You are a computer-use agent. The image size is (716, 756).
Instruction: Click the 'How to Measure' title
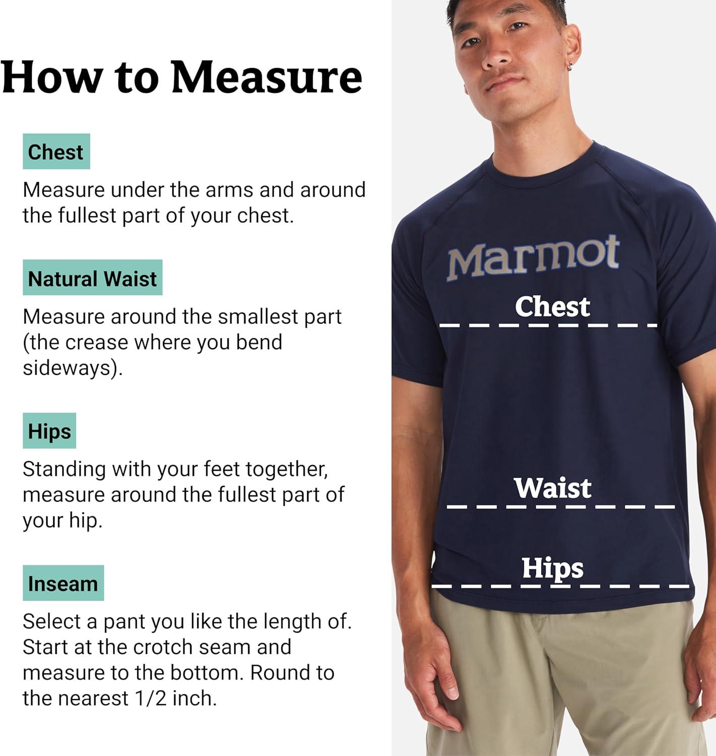182,77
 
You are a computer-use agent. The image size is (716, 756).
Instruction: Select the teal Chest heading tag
56,152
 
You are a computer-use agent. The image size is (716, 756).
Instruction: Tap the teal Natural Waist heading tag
93,278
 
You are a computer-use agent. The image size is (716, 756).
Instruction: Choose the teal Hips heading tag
49,431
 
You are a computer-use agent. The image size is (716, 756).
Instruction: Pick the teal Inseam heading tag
64,583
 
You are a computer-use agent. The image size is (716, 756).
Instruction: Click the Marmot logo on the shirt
533,258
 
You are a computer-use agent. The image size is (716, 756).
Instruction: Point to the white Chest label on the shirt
553,307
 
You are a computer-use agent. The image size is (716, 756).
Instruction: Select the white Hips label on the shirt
553,569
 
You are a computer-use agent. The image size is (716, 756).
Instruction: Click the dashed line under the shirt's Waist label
561,507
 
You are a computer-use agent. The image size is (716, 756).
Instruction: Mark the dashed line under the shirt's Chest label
548,326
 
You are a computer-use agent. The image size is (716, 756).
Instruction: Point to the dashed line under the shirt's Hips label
561,587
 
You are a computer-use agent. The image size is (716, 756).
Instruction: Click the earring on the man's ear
570,67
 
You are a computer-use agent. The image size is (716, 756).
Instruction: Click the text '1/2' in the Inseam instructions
151,699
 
